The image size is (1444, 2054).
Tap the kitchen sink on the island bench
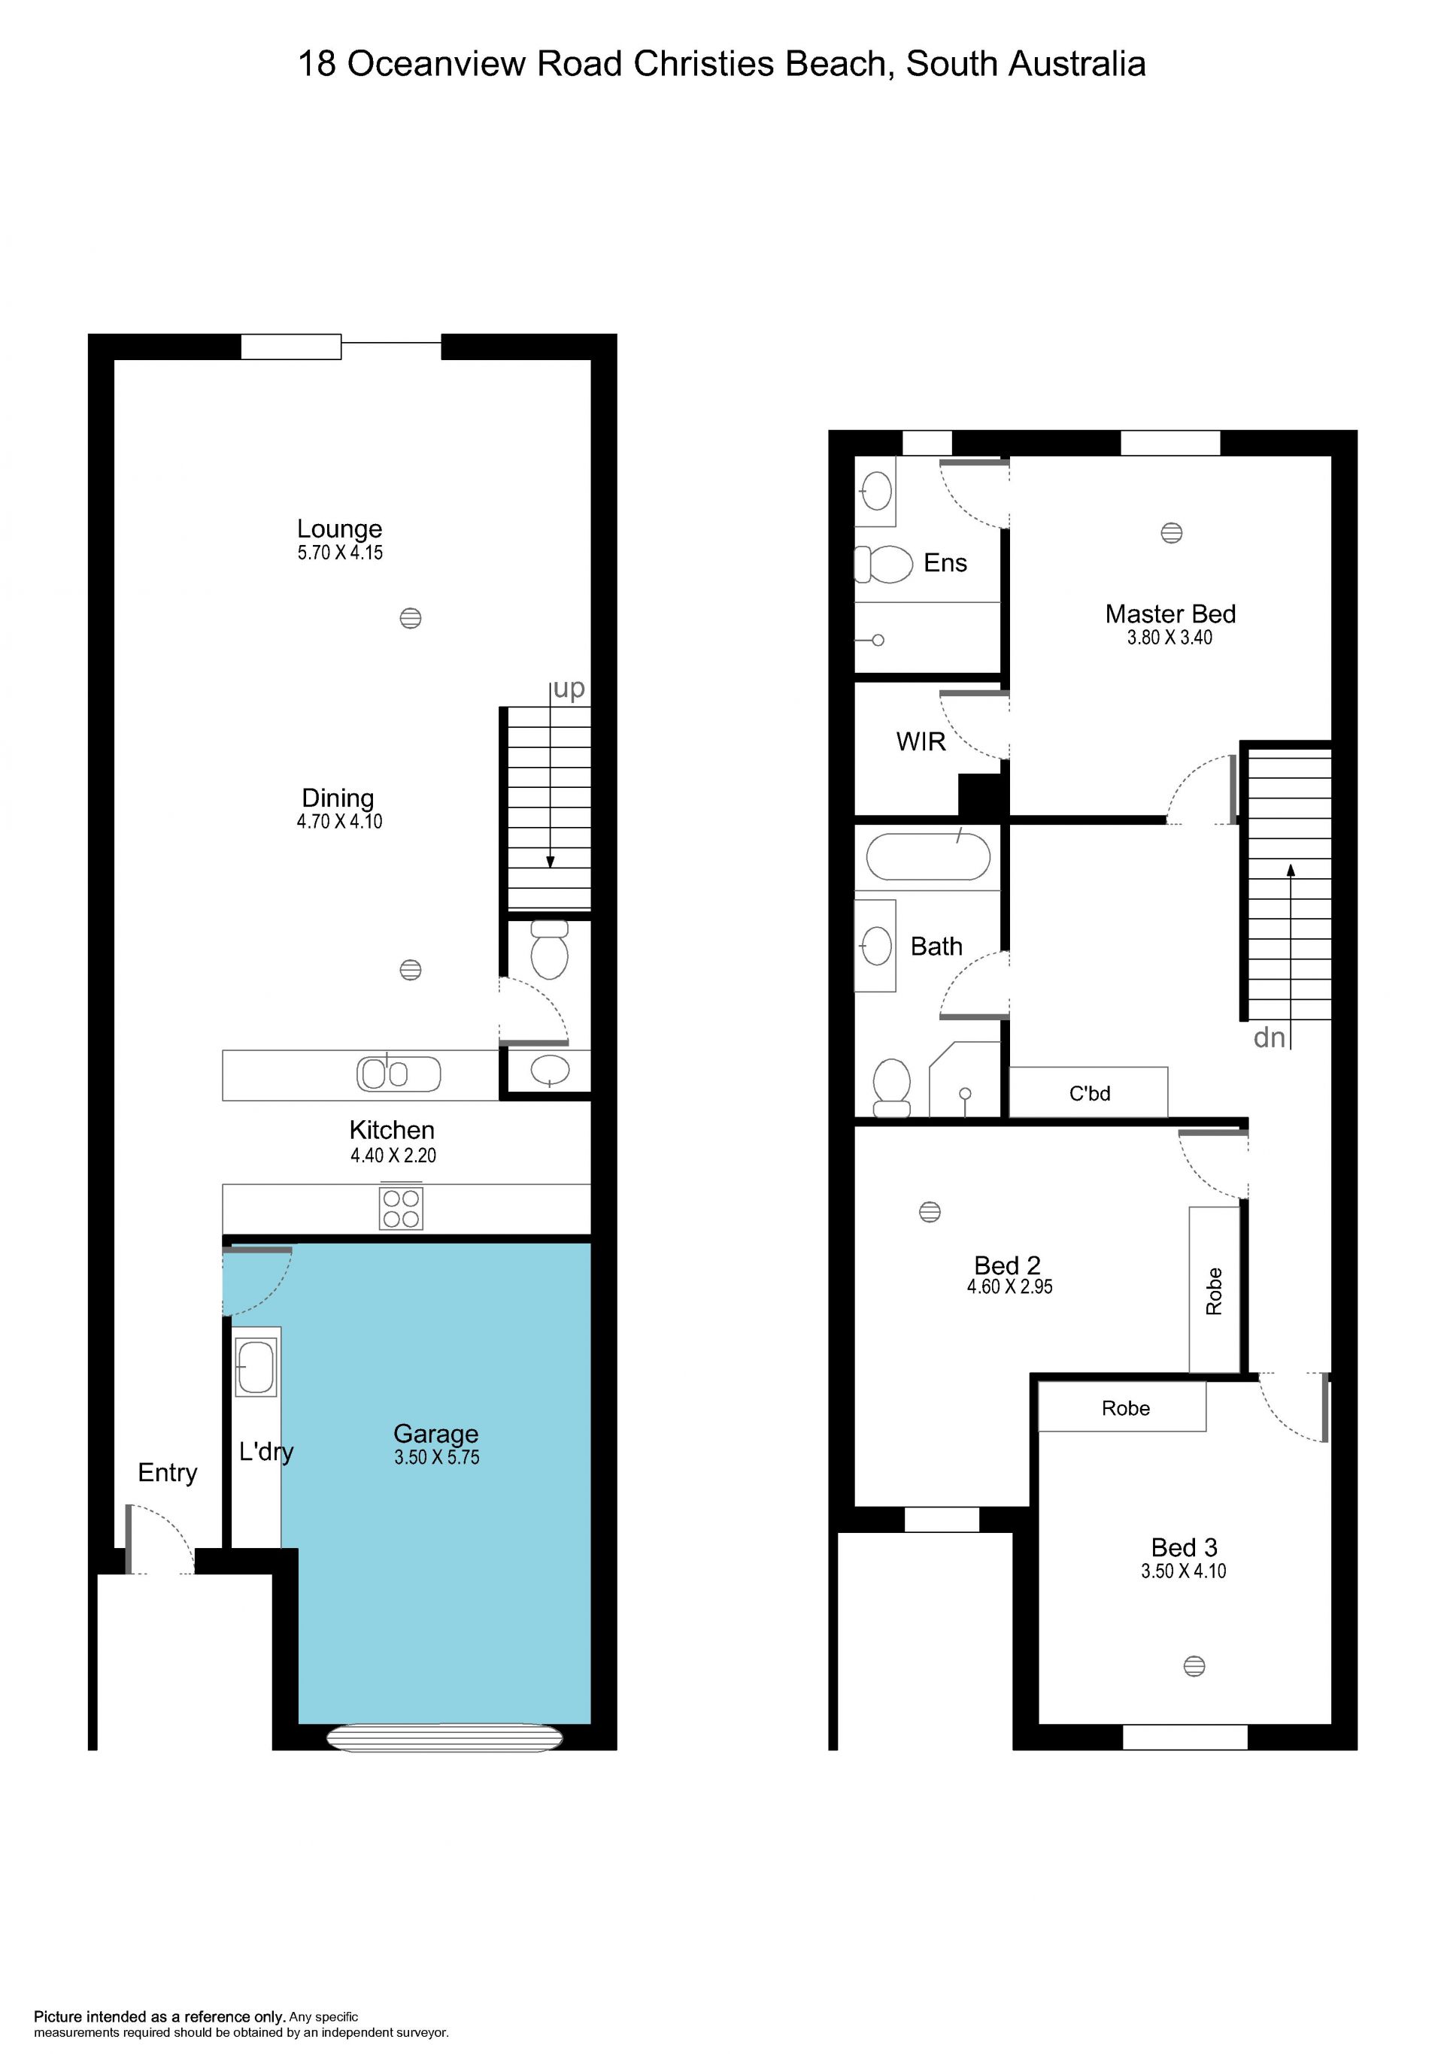tap(399, 1074)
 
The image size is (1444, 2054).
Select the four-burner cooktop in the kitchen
tap(401, 1207)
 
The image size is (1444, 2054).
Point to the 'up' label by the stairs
tap(569, 689)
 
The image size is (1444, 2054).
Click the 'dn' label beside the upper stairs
tap(1270, 1038)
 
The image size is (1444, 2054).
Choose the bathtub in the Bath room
tap(928, 856)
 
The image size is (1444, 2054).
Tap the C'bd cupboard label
tap(1090, 1093)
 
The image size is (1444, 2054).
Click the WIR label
tap(921, 741)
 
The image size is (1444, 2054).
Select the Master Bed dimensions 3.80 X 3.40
tap(1169, 638)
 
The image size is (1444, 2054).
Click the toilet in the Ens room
tap(883, 564)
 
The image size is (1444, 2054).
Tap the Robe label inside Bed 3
tap(1126, 1408)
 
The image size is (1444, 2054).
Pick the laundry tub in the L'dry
tap(256, 1367)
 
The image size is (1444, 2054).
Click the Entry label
tap(167, 1473)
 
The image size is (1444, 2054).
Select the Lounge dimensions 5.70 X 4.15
tap(340, 553)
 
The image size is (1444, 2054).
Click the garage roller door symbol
tap(444, 1737)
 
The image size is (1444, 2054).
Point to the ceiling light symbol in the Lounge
tap(411, 618)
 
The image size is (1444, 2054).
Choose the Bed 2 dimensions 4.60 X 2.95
tap(1009, 1286)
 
